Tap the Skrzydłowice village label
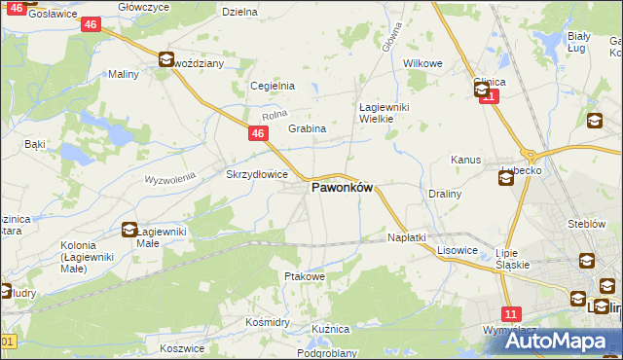[x=256, y=174]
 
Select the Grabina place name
[x=306, y=128]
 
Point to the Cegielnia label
[x=273, y=86]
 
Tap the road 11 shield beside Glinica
[x=489, y=96]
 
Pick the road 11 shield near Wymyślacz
[x=512, y=313]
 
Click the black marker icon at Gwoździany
[x=166, y=60]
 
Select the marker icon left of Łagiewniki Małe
[x=129, y=231]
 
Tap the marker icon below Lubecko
[x=505, y=177]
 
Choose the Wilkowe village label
[x=423, y=63]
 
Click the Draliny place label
[x=444, y=194]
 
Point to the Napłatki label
[x=407, y=237]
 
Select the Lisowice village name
[x=457, y=250]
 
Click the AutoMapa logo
[x=568, y=341]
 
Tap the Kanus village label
[x=465, y=160]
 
